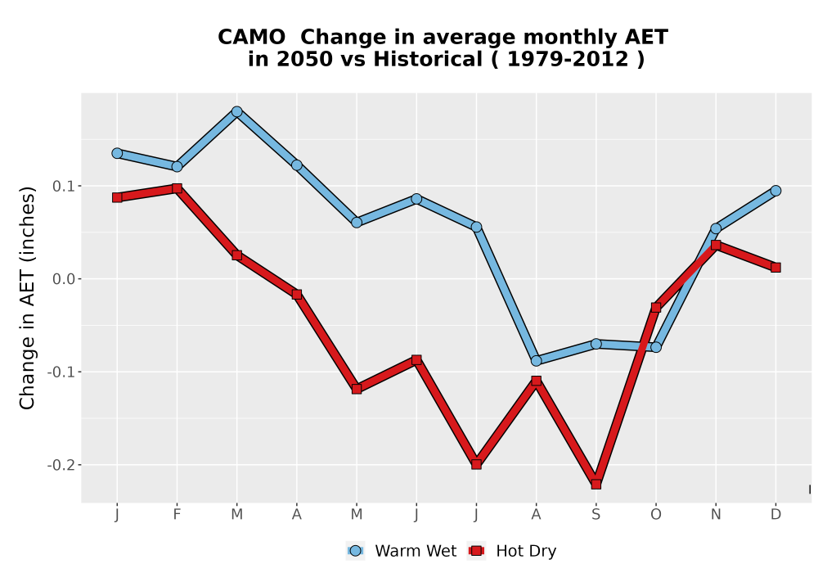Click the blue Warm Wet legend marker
pyautogui.click(x=355, y=551)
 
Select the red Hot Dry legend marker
pyautogui.click(x=476, y=551)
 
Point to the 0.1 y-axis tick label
pyautogui.click(x=63, y=187)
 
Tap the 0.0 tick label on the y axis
pyautogui.click(x=63, y=279)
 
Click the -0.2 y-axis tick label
pyautogui.click(x=61, y=465)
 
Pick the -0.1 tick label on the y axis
pyautogui.click(x=61, y=372)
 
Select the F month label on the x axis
pyautogui.click(x=177, y=515)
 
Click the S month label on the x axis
pyautogui.click(x=596, y=515)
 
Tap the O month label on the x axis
pyautogui.click(x=656, y=515)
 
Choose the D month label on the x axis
pyautogui.click(x=775, y=515)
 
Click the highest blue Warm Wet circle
pyautogui.click(x=237, y=111)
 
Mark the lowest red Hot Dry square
pyautogui.click(x=596, y=485)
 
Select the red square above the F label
pyautogui.click(x=177, y=188)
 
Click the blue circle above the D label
pyautogui.click(x=775, y=191)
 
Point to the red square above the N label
pyautogui.click(x=716, y=246)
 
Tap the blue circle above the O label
pyautogui.click(x=656, y=347)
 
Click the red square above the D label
pyautogui.click(x=775, y=268)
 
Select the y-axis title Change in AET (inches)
pyautogui.click(x=27, y=298)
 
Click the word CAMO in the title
pyautogui.click(x=251, y=38)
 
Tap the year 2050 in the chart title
pyautogui.click(x=304, y=60)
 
